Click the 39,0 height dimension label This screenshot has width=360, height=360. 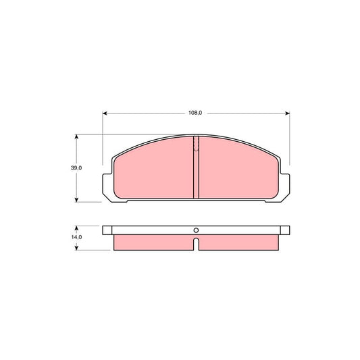point(76,168)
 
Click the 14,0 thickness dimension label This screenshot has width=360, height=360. point(76,238)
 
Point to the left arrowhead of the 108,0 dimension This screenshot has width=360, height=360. point(105,113)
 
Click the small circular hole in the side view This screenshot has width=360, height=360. point(196,229)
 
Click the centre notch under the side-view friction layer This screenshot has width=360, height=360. point(196,243)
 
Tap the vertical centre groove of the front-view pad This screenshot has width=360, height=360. point(196,169)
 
